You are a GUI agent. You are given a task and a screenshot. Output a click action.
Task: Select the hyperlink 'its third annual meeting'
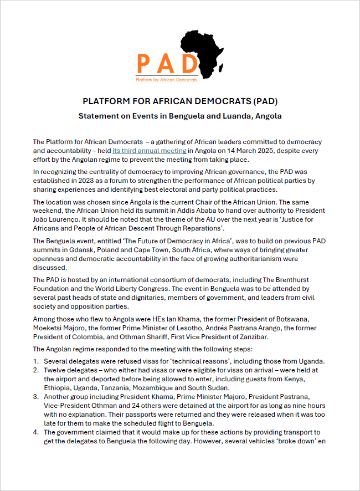[149, 151]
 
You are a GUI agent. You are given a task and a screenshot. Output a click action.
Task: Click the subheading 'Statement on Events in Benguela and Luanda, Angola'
[180, 116]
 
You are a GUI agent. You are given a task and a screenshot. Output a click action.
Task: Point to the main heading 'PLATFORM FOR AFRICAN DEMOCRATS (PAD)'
[180, 101]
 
